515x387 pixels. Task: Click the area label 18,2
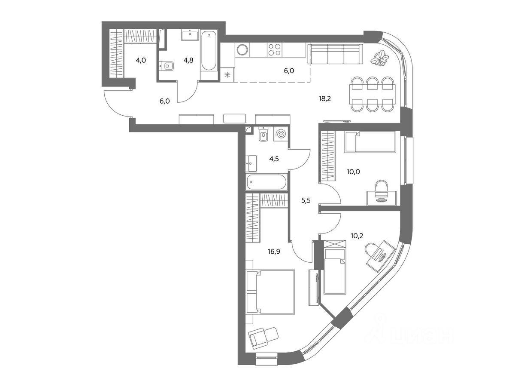coord(324,99)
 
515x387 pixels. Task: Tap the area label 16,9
coord(274,252)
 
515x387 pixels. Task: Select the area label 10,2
coord(357,236)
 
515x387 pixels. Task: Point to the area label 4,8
coord(188,60)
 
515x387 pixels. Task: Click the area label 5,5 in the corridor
coord(306,200)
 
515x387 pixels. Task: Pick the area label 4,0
coord(141,60)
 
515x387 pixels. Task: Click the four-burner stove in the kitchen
coord(274,50)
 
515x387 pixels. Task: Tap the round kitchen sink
coord(242,50)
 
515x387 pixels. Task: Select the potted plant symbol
coord(379,58)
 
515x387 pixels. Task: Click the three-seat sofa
coord(335,54)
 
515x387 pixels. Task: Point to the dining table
coord(372,94)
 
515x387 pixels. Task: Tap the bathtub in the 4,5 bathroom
coord(267,182)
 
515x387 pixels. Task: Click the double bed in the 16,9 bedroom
coord(270,292)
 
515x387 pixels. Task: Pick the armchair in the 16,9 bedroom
coord(263,338)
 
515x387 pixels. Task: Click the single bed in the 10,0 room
coord(370,142)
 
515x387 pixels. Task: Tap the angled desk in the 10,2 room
coord(381,256)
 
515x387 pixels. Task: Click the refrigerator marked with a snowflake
coord(227,74)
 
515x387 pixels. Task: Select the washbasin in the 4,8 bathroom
coord(190,35)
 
